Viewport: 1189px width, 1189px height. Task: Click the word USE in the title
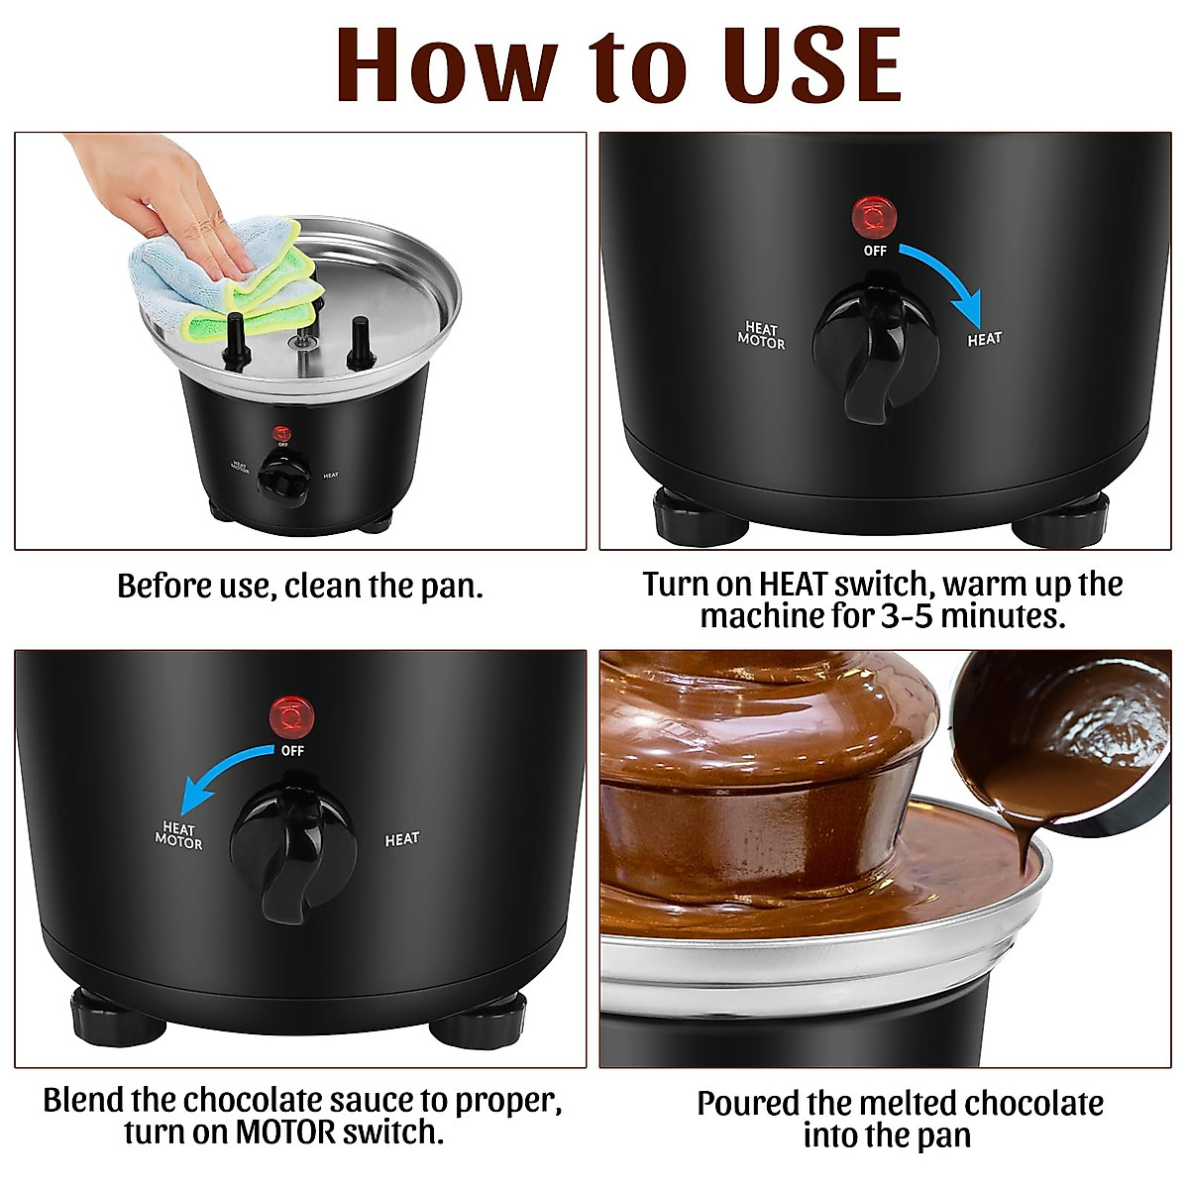click(793, 64)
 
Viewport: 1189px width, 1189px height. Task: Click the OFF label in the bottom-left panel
click(292, 751)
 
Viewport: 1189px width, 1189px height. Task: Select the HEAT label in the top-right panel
click(984, 340)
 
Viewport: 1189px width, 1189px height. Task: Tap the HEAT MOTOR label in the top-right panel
click(761, 336)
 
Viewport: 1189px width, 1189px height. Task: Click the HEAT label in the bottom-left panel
click(401, 839)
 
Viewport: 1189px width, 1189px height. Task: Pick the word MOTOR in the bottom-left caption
click(286, 1132)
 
